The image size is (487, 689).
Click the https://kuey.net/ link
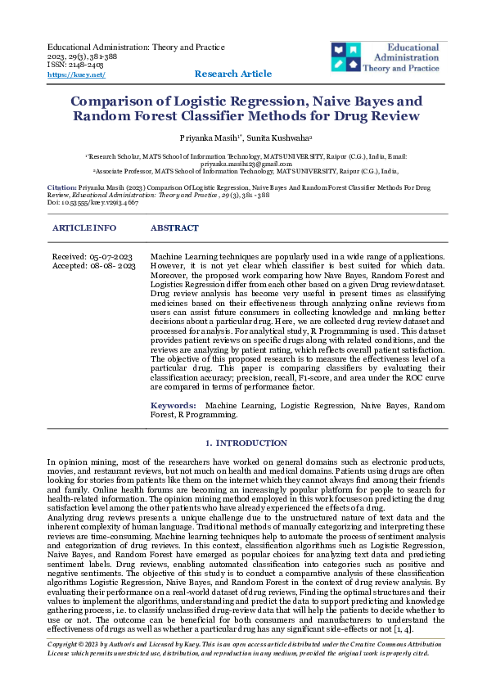(x=76, y=74)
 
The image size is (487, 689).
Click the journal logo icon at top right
(x=349, y=56)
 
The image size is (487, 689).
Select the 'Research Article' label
(x=232, y=74)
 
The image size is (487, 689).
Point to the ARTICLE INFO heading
(x=83, y=227)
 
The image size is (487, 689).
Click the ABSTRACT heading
(x=174, y=227)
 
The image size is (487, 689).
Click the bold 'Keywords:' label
(x=173, y=405)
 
